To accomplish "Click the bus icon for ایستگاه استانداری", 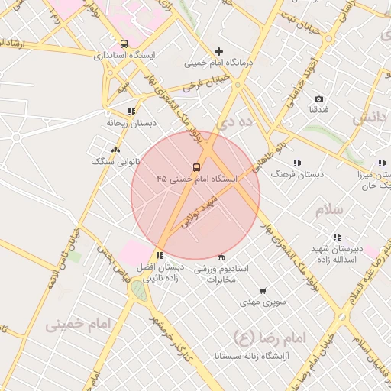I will (124, 44).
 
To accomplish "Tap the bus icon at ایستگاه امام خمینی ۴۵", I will (196, 166).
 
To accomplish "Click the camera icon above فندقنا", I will (318, 99).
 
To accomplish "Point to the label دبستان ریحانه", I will (131, 122).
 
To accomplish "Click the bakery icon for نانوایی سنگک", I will (115, 150).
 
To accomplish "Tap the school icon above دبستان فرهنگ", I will (296, 163).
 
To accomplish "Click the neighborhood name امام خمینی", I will (77, 323).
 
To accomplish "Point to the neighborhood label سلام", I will (329, 210).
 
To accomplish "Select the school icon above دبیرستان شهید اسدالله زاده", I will (337, 237).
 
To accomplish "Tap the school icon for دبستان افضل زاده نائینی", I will (160, 254).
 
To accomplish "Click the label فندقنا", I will (318, 111).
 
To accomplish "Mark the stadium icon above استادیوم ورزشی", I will (221, 256).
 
